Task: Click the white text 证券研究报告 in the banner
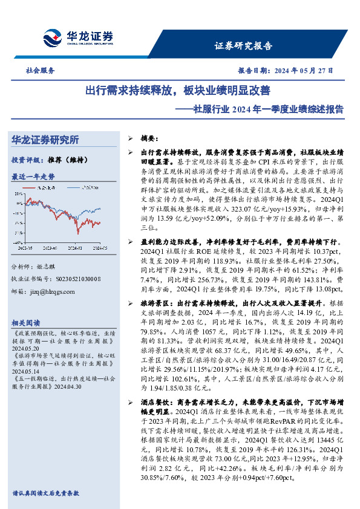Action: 243,46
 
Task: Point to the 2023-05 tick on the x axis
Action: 25,248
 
